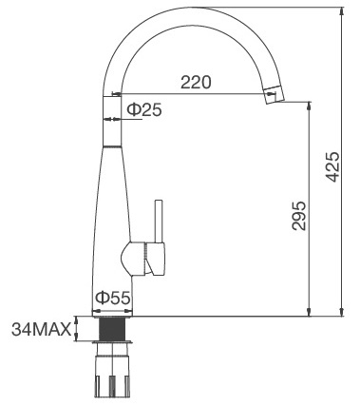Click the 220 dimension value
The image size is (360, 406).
click(x=195, y=83)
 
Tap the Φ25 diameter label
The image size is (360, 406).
click(x=143, y=110)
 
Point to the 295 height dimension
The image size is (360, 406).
click(x=297, y=218)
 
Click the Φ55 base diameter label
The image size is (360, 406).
click(x=111, y=298)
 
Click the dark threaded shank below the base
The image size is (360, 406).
click(x=113, y=329)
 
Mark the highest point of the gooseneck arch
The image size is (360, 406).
click(x=189, y=10)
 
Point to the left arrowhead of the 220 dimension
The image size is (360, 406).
click(x=117, y=94)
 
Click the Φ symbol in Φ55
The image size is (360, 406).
click(x=99, y=298)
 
